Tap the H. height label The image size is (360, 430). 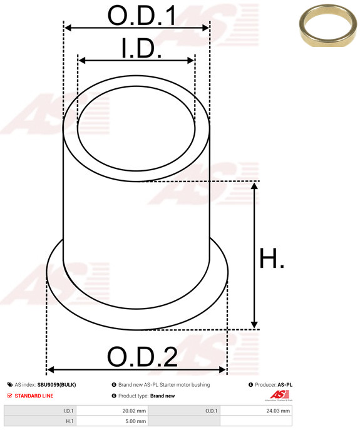pos(272,259)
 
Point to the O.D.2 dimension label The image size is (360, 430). pos(142,357)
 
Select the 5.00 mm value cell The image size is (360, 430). pos(134,422)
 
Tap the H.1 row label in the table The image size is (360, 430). pos(69,422)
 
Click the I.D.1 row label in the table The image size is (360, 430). pos(68,411)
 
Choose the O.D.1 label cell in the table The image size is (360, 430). pos(211,411)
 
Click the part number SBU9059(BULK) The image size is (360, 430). pos(56,385)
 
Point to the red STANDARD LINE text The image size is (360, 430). pos(34,396)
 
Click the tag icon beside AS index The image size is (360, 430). pos(10,385)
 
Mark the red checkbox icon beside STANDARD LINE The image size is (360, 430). pos(10,396)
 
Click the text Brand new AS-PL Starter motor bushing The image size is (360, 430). pos(163,385)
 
